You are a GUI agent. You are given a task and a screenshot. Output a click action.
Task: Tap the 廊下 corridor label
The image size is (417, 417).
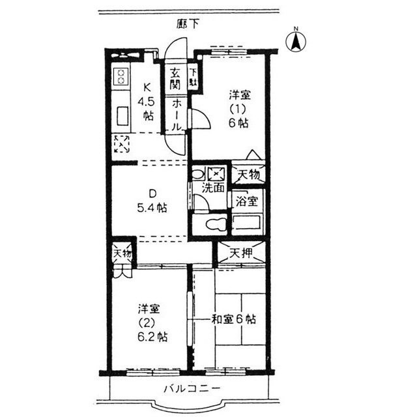(188, 24)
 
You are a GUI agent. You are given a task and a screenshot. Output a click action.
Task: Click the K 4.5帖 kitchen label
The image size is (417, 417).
(148, 102)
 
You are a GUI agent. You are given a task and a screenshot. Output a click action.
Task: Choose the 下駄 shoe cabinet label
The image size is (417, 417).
(194, 78)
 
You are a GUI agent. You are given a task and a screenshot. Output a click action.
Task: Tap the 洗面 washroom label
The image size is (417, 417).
(212, 188)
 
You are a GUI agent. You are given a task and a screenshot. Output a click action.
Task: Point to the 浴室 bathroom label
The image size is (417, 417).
(248, 200)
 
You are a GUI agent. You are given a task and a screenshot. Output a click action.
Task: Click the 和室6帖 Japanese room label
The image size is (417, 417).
(233, 319)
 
